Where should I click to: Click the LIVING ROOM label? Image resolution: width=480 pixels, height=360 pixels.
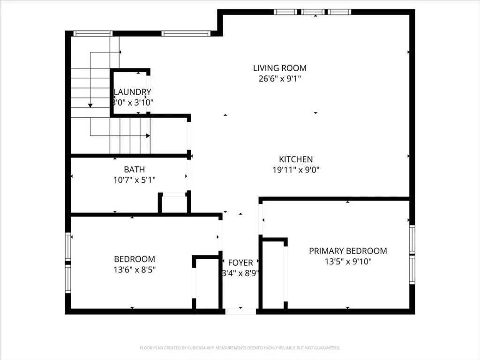point(280,68)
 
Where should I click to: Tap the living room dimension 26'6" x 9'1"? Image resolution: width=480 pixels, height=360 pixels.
point(280,79)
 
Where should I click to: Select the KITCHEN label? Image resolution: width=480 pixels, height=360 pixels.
point(296,159)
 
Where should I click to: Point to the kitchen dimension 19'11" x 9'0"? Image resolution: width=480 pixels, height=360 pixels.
point(296,170)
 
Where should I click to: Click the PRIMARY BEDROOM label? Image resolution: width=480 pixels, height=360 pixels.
point(348,251)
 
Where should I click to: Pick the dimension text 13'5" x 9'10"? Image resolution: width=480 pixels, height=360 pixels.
point(348,262)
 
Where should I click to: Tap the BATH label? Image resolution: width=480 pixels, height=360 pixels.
point(135,169)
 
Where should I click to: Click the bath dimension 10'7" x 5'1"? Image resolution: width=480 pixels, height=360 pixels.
point(135,180)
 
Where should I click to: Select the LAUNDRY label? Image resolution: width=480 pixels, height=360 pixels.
point(133,92)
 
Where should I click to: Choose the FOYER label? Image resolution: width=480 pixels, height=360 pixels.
point(240,262)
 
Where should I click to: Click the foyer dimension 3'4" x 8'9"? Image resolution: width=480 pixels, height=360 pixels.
point(240,273)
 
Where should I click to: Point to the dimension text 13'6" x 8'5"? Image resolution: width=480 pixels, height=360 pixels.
point(135,270)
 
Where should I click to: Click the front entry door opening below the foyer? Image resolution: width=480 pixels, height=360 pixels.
point(240,310)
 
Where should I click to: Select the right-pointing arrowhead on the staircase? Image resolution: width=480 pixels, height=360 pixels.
point(148,135)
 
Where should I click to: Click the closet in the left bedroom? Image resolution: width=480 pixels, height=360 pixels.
point(207,283)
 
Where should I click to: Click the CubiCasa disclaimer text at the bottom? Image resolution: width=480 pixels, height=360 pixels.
point(240,348)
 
